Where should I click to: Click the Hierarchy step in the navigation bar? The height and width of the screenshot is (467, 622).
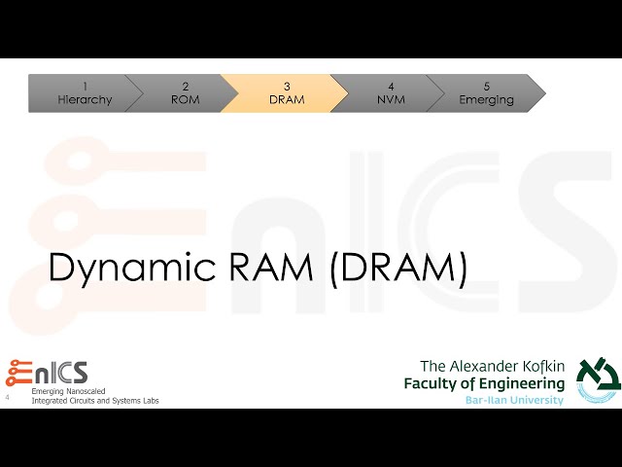[85, 93]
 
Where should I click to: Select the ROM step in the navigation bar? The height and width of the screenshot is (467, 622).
[185, 93]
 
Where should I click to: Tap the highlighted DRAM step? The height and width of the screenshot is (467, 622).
[286, 93]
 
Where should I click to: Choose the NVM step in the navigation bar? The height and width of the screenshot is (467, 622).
[391, 93]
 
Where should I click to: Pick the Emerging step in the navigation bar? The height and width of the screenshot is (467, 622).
[486, 93]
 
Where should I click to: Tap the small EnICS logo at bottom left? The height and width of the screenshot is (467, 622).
[48, 373]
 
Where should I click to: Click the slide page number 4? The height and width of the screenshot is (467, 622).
[8, 398]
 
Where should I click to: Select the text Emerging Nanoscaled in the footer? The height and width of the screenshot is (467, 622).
[71, 391]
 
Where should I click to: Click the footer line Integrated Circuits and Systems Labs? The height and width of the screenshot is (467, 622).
[95, 401]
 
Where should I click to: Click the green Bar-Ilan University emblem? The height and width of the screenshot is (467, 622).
[596, 378]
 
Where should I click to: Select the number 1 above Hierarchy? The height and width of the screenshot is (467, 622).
[85, 87]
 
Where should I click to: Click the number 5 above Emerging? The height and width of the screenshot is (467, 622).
[486, 87]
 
